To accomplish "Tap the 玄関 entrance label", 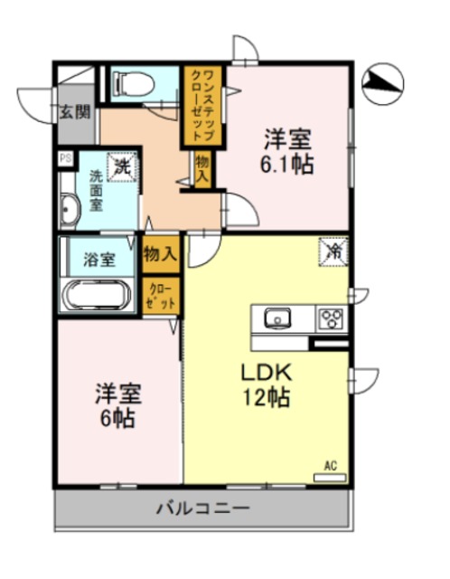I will pos(76,113).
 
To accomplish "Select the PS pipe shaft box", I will pos(65,158).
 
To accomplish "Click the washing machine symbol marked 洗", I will pos(122,166).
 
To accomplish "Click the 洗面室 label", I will pos(96,193).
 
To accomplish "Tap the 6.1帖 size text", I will pos(287,166).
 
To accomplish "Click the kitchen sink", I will pos(277,318).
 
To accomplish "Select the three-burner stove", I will pos(330,318).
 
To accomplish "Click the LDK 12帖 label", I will pos(264,385).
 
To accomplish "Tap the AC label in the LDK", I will pos(330,466).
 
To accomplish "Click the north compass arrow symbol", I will pos(384,84).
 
